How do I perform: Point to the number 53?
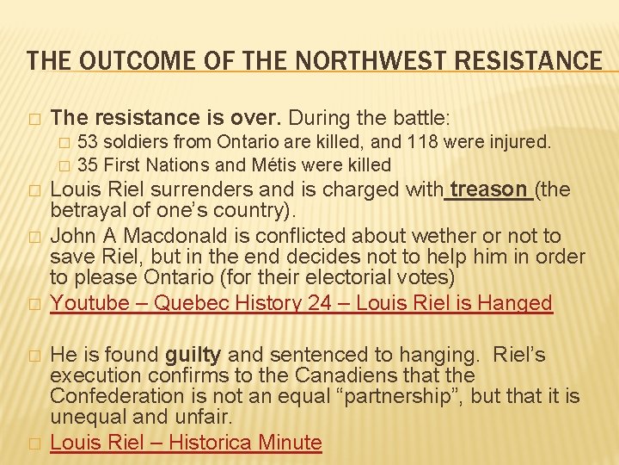[88, 141]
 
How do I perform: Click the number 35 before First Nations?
[88, 164]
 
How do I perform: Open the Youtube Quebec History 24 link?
[301, 303]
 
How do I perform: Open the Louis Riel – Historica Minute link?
[186, 443]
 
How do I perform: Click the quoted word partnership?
[411, 396]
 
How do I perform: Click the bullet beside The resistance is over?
[33, 118]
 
